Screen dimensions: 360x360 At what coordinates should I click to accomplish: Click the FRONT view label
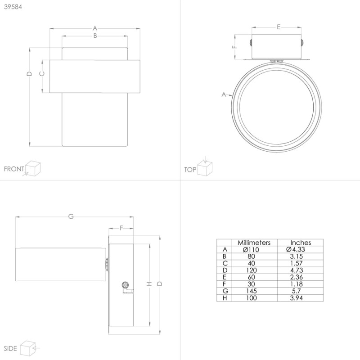point(14,169)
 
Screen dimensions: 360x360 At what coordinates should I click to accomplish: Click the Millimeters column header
point(254,242)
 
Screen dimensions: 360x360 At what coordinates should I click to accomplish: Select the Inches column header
point(300,242)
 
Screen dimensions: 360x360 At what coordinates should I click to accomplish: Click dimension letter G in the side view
point(71,217)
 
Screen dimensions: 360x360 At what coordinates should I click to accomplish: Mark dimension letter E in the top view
point(279,27)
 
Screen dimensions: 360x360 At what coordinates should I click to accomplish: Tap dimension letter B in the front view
point(95,36)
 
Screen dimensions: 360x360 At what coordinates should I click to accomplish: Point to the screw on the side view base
point(126,285)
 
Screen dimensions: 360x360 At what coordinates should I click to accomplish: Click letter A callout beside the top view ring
point(224,94)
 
